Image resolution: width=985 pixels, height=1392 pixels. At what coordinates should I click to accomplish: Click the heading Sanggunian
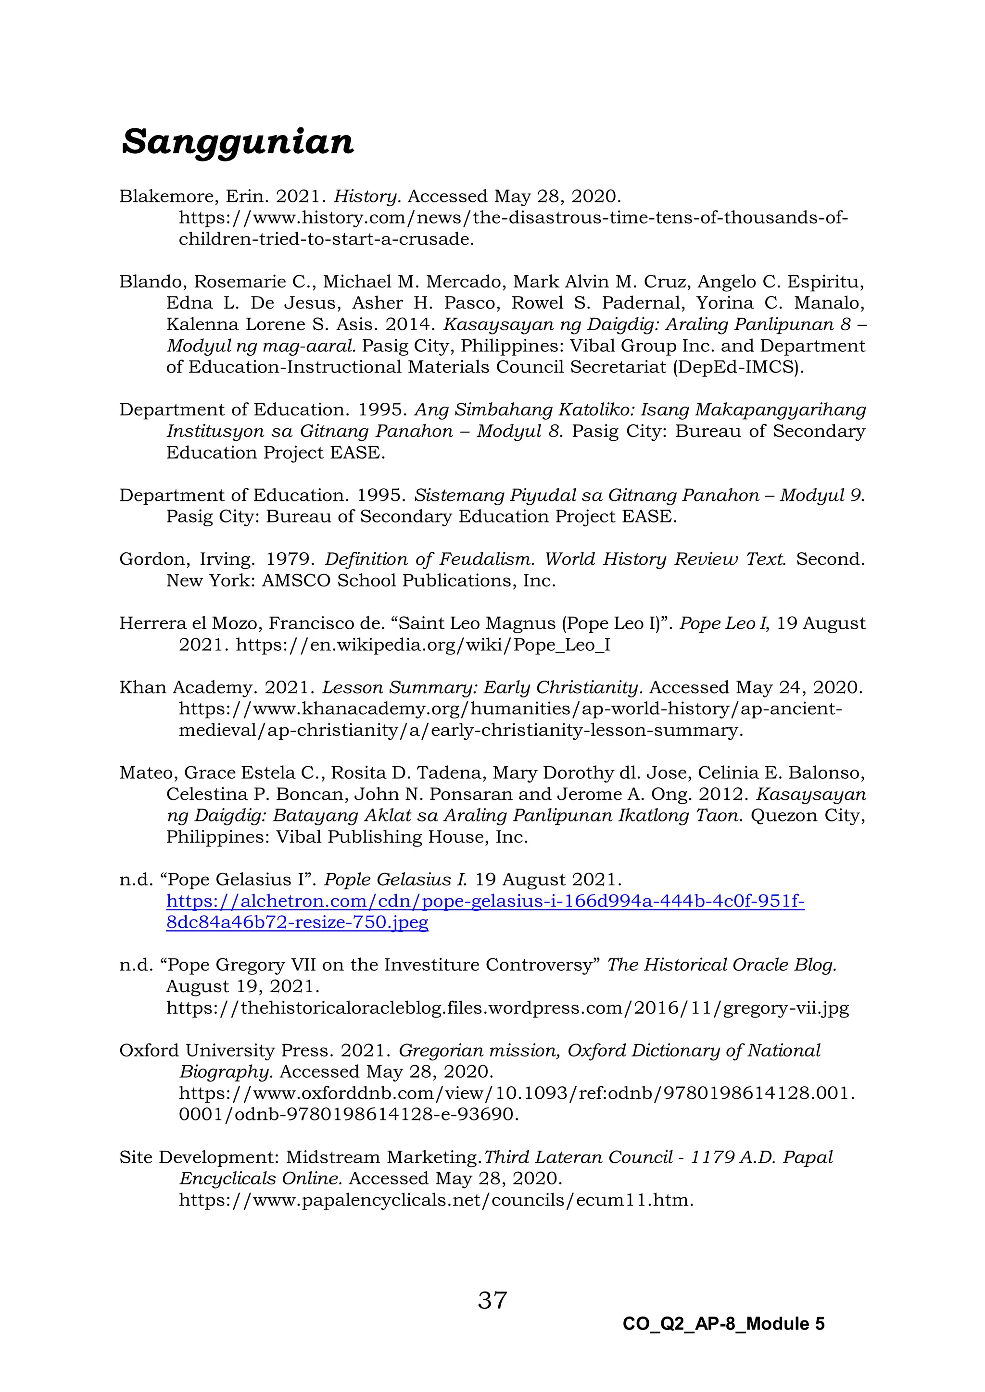pos(237,142)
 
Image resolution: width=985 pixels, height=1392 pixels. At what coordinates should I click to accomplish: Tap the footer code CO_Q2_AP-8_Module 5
pos(723,1323)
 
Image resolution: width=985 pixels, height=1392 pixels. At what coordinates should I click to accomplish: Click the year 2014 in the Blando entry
pos(409,324)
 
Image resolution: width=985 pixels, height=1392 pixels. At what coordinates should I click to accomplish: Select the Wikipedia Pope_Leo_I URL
pos(423,645)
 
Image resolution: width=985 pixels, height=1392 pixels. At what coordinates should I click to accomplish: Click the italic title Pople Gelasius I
pos(395,880)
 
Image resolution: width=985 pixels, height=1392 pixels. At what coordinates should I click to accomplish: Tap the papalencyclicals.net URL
pos(435,1200)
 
